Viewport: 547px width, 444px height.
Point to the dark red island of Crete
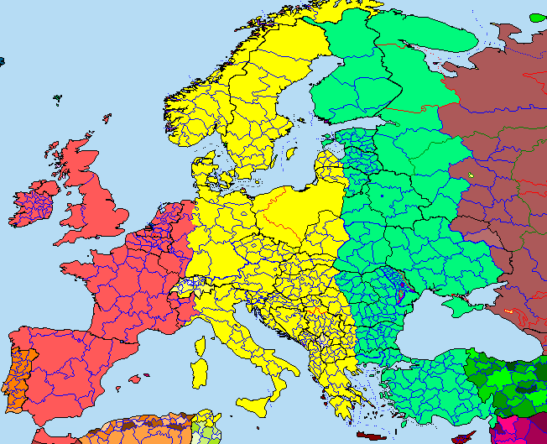click(x=369, y=436)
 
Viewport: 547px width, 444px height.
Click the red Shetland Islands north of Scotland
click(x=107, y=118)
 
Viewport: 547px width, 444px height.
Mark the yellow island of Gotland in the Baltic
click(x=290, y=154)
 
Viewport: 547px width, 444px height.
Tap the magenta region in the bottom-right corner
click(x=520, y=430)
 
